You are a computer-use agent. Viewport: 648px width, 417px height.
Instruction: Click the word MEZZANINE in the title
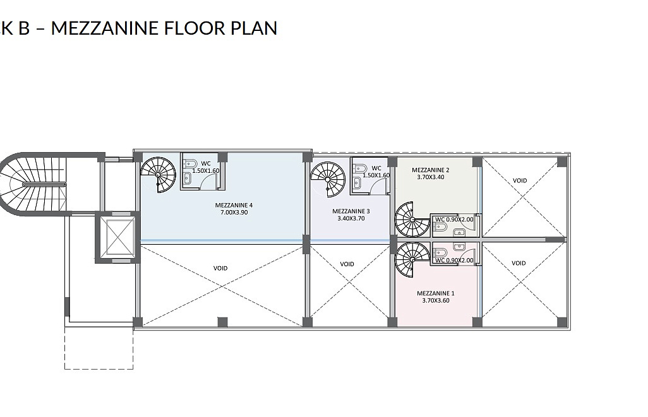coord(104,28)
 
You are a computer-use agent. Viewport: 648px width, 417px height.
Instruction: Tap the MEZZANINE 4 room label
coord(234,205)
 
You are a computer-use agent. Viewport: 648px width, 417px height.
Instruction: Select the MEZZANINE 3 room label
coord(351,211)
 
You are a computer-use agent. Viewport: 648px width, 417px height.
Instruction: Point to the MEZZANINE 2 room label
coord(431,170)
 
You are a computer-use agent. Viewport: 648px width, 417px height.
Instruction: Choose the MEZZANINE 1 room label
coord(436,293)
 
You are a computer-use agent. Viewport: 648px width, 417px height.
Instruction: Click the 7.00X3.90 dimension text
coord(234,213)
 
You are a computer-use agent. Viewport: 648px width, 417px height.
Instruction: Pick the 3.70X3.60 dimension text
coord(436,300)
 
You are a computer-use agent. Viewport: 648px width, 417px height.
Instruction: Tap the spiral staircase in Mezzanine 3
coord(328,179)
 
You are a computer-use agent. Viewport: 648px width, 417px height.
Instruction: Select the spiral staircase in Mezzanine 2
coord(412,220)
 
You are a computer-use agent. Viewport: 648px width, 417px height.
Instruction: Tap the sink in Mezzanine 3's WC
coord(357,181)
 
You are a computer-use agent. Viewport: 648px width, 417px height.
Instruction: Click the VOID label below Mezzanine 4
coord(220,268)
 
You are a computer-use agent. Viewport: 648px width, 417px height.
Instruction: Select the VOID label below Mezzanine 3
coord(347,264)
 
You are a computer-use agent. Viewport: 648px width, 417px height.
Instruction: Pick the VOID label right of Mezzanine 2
coord(520,180)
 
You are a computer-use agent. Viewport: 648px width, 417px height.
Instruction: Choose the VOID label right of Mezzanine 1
coord(519,263)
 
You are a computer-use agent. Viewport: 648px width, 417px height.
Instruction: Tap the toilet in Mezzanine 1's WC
coord(441,252)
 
